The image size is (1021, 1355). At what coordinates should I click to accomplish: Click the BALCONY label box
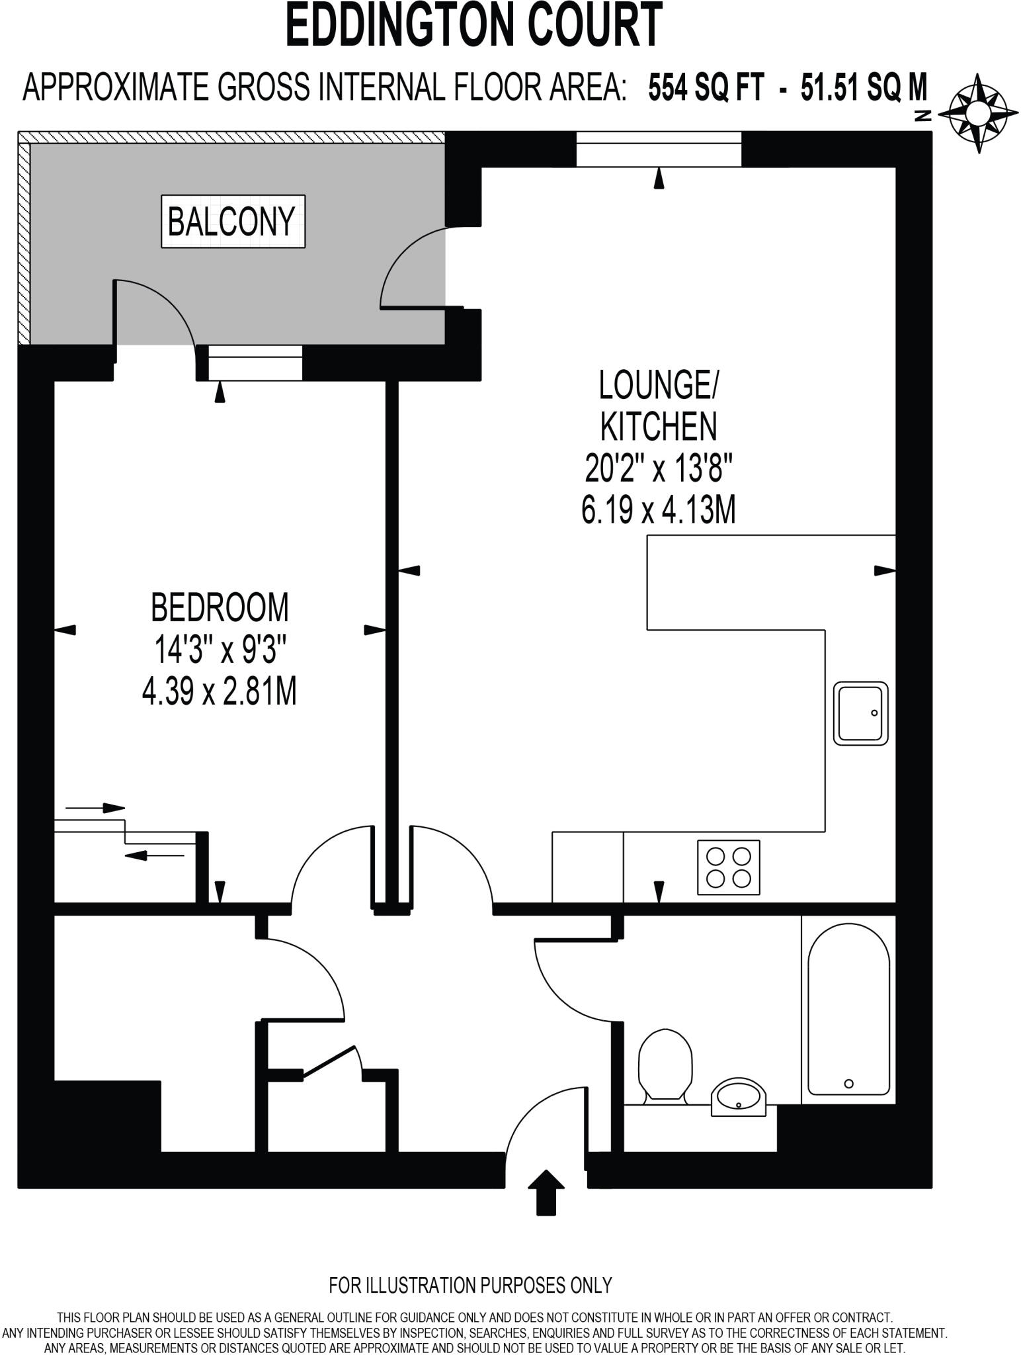(x=233, y=222)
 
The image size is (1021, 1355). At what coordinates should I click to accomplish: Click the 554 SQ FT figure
(x=706, y=88)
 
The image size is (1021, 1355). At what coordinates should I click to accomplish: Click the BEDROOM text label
(x=220, y=607)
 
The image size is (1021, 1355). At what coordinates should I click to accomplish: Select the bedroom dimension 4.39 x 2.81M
(x=219, y=693)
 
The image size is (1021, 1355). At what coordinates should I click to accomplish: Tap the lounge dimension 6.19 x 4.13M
(x=658, y=511)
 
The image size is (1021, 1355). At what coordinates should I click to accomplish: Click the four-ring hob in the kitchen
(x=728, y=867)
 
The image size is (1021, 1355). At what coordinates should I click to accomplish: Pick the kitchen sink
(x=860, y=713)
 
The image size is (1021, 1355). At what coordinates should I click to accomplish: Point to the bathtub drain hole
(x=849, y=1084)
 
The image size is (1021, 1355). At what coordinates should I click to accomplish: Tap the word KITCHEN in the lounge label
(x=658, y=427)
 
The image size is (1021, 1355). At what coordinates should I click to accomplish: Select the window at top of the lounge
(x=658, y=150)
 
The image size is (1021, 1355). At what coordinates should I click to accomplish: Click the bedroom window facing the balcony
(x=255, y=363)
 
